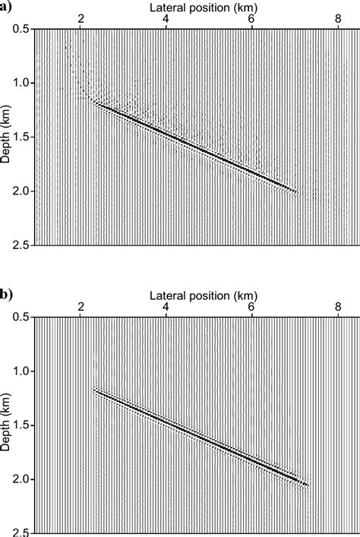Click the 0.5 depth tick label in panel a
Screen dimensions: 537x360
point(22,29)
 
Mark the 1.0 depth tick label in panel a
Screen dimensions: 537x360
point(22,83)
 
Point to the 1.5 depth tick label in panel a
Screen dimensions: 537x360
point(22,137)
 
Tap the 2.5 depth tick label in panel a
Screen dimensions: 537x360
point(22,245)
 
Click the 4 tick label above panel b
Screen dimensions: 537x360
point(165,305)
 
